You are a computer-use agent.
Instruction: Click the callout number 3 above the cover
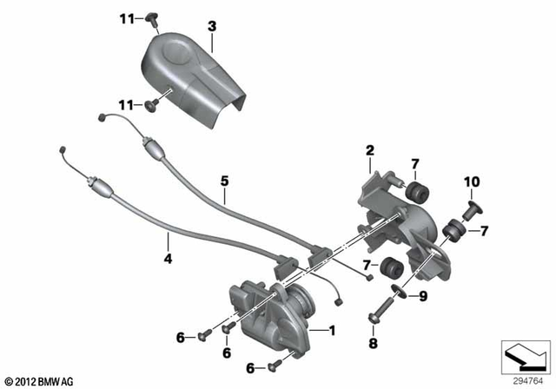coord(211,26)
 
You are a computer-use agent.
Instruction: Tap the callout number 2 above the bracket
coord(369,151)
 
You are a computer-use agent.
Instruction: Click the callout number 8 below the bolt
coord(374,344)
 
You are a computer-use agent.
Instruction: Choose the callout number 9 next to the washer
coord(423,297)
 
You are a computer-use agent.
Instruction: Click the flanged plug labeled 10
coord(474,210)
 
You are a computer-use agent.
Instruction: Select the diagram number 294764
coord(525,379)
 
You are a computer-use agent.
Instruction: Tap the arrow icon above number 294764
coord(526,358)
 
